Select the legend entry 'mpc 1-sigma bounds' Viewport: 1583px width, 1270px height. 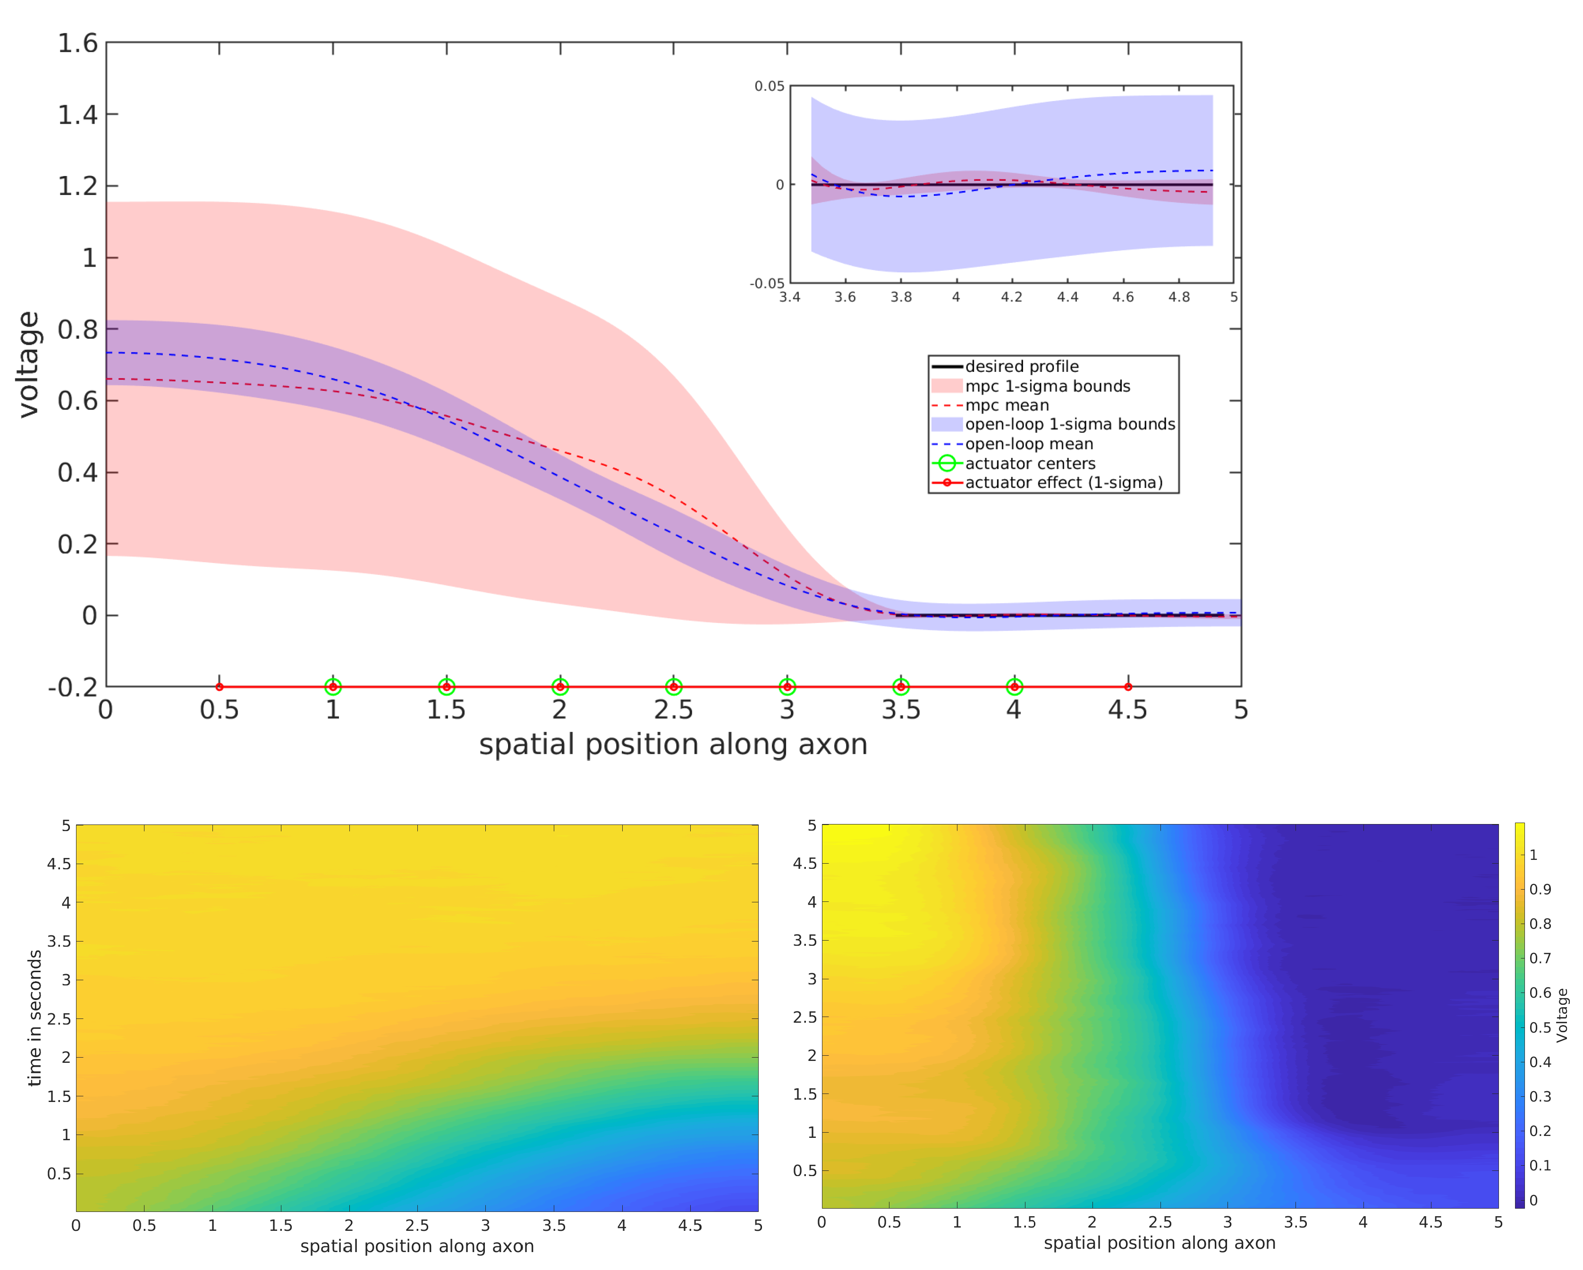coord(1047,386)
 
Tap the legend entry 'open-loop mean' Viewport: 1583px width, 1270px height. coord(1029,444)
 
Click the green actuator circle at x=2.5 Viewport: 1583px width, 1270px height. coord(673,687)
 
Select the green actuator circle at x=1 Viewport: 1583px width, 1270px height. coord(333,687)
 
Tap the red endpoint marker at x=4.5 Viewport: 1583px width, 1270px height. coord(1128,687)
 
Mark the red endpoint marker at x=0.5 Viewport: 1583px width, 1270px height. coord(220,687)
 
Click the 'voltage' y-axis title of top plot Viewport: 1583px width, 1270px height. coord(28,364)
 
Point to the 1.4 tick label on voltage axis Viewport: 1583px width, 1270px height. coord(78,115)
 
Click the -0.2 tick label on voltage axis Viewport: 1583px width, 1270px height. coord(73,688)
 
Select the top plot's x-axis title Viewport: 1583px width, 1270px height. coord(673,744)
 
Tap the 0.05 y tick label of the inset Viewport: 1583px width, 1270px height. coord(770,87)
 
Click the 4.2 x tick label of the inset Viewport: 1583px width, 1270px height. coord(1012,297)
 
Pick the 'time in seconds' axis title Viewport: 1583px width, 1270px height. coord(34,1018)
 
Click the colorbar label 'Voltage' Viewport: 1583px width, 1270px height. coord(1562,1015)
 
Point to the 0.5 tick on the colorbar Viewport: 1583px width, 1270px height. coord(1540,1028)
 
